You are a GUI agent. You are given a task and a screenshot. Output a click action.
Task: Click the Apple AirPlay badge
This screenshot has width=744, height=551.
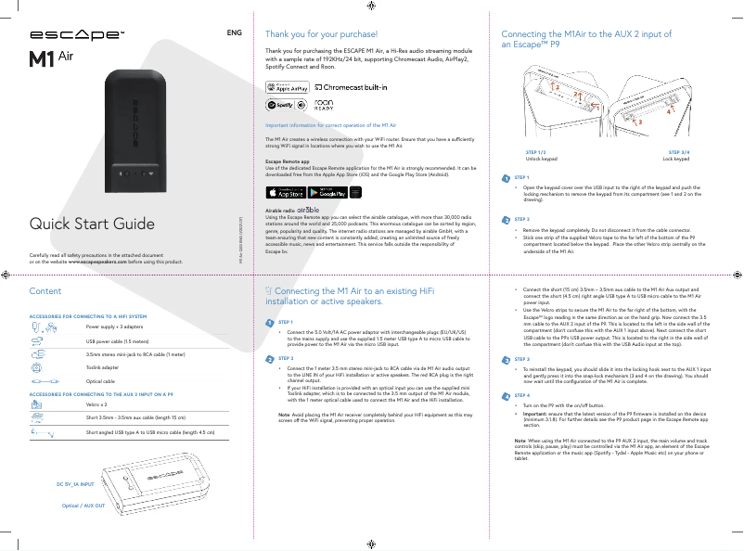pyautogui.click(x=287, y=87)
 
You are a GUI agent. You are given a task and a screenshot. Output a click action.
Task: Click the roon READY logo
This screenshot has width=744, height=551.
pyautogui.click(x=325, y=105)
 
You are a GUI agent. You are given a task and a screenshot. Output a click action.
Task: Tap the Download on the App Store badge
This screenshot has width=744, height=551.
pyautogui.click(x=286, y=193)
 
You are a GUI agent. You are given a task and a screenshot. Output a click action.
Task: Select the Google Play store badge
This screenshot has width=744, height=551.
pyautogui.click(x=327, y=193)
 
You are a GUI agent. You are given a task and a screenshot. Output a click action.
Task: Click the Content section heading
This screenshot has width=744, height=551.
pyautogui.click(x=45, y=291)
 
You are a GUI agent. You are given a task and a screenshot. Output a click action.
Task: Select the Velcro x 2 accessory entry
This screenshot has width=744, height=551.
pyautogui.click(x=97, y=405)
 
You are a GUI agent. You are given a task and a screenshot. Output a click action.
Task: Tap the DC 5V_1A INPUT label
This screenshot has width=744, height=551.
pyautogui.click(x=75, y=484)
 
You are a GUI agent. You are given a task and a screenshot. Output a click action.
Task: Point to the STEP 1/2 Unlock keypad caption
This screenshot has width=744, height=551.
pyautogui.click(x=535, y=155)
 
